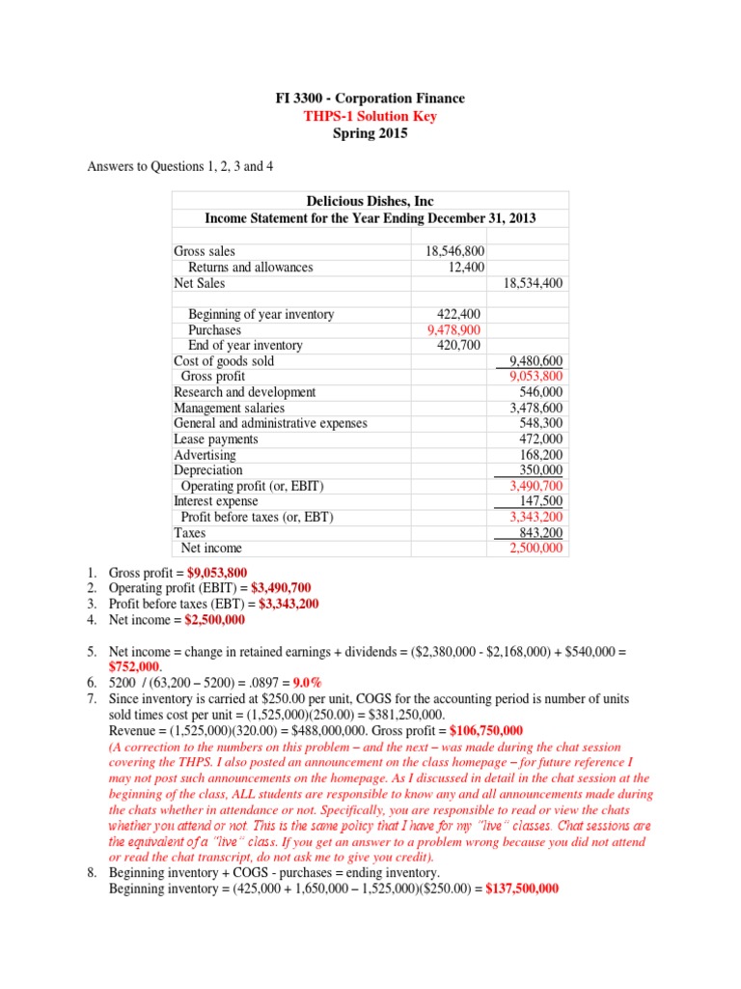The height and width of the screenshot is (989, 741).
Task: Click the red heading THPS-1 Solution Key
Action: [x=370, y=116]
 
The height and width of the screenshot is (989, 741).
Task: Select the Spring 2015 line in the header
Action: [x=370, y=133]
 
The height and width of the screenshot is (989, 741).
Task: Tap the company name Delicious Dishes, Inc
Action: [x=370, y=201]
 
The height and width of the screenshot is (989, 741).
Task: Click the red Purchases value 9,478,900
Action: [x=455, y=330]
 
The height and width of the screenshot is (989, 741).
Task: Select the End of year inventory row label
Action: [x=245, y=346]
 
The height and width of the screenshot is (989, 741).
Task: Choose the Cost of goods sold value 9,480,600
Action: [x=535, y=361]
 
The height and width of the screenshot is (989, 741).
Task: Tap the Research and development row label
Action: [x=244, y=392]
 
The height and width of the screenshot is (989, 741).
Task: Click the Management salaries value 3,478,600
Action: [x=535, y=408]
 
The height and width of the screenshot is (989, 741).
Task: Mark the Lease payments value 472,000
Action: [x=541, y=438]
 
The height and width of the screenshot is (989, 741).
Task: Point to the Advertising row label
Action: [x=205, y=455]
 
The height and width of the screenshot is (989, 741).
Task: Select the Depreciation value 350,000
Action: [x=541, y=470]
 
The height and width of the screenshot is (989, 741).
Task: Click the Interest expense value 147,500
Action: [x=541, y=501]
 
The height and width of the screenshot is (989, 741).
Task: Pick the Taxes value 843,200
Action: [x=541, y=532]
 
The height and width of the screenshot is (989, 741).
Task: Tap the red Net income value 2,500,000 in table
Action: [x=535, y=548]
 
